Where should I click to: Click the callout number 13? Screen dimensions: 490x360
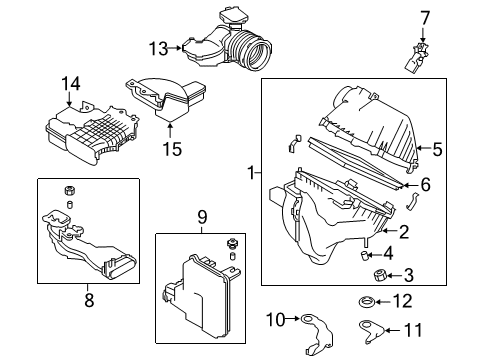coord(158,49)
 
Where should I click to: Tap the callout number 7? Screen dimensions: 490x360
coord(424,18)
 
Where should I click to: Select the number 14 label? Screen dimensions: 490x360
coord(70,84)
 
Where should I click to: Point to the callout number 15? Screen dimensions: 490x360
coord(172,149)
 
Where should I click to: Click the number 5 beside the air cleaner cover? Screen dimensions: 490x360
coord(437,149)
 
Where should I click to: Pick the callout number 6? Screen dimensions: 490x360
coord(425,184)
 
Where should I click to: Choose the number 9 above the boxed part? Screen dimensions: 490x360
coord(202,217)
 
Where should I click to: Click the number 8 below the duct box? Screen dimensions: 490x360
coord(89,300)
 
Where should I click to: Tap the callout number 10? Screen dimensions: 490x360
coord(276,320)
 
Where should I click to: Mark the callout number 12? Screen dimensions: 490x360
coord(403,301)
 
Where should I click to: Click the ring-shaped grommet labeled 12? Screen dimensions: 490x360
coord(366,302)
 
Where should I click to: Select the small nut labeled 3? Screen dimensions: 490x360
coord(379,276)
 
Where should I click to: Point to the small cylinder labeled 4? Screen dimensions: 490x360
coord(364,255)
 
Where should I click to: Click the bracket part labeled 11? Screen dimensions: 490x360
coord(371,331)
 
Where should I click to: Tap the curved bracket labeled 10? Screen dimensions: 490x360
coord(317,334)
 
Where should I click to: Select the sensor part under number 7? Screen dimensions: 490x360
coord(417,58)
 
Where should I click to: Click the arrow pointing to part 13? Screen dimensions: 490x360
coord(174,48)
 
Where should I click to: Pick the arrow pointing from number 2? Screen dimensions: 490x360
coord(387,231)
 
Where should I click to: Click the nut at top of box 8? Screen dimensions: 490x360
coord(69,191)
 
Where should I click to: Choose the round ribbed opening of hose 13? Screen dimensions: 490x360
coord(259,55)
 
